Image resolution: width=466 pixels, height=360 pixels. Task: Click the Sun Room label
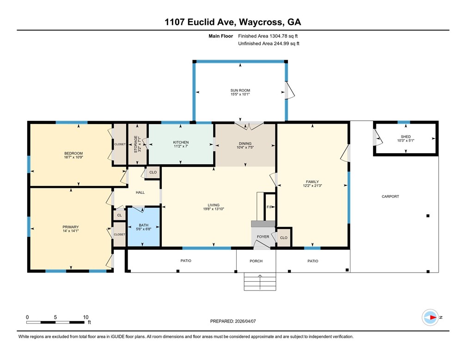(240, 90)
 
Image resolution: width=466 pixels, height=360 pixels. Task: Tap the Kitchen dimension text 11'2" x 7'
(181, 146)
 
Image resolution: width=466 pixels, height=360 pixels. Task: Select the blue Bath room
(144, 227)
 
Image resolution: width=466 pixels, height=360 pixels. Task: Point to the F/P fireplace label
(270, 207)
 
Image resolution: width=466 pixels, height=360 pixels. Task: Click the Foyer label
(263, 237)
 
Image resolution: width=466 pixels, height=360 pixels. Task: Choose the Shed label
(406, 137)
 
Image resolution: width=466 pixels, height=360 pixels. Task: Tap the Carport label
(390, 196)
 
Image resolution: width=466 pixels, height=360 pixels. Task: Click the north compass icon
(430, 317)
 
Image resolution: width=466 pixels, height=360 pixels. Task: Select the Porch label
(256, 261)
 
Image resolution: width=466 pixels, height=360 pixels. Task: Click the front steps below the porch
(260, 281)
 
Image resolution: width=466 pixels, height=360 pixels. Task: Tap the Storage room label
(135, 144)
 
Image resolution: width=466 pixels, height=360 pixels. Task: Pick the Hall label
(140, 192)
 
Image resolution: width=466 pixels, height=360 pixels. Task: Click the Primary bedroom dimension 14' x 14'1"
(70, 231)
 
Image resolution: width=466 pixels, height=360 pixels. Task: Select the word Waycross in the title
(261, 22)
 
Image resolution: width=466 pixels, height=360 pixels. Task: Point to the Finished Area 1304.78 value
(279, 36)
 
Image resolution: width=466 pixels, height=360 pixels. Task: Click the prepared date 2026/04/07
(245, 321)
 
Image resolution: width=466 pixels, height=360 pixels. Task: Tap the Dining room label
(245, 143)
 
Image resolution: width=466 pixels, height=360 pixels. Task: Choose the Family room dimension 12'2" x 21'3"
(312, 186)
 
